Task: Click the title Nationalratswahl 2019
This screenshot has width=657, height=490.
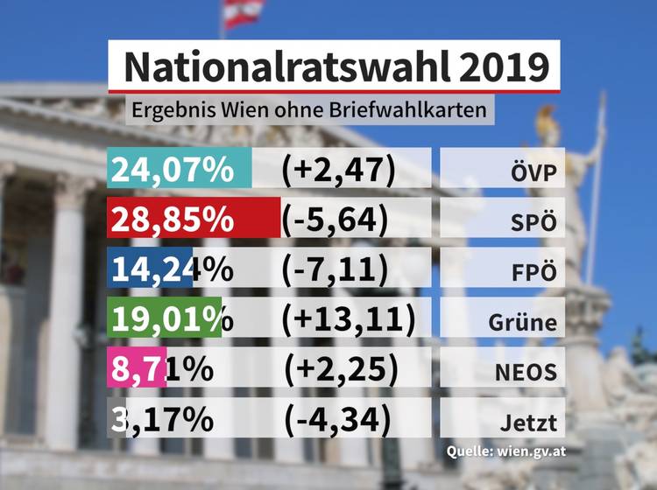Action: (x=334, y=66)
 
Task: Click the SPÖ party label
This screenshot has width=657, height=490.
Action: (x=533, y=220)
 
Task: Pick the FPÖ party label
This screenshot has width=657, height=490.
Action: (x=533, y=270)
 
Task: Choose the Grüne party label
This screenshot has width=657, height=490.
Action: (x=523, y=321)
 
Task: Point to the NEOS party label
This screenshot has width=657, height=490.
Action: (x=525, y=371)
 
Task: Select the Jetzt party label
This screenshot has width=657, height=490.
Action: (x=528, y=421)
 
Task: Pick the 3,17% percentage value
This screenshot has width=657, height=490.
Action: (x=163, y=419)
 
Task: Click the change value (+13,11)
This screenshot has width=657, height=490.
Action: (x=344, y=319)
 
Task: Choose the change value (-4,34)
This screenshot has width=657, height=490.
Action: (x=338, y=419)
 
